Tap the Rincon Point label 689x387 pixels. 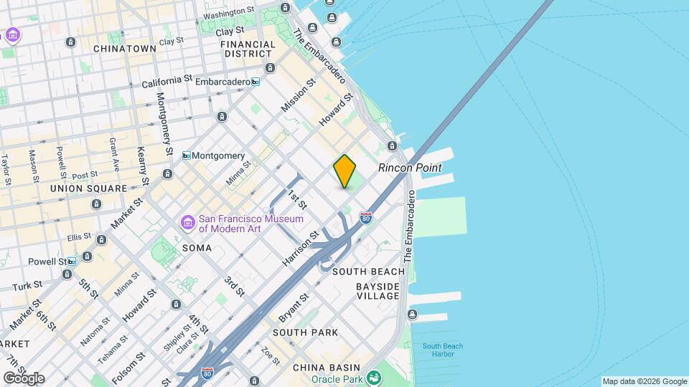point(410,168)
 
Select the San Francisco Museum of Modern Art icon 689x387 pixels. point(187,224)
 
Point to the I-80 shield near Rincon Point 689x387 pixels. point(366,216)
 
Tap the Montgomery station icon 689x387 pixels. point(187,156)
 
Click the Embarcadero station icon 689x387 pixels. point(255,82)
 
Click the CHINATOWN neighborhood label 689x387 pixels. point(125,49)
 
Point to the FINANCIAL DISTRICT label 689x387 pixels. point(249,49)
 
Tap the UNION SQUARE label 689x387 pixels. point(88,188)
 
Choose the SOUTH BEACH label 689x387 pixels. point(370,272)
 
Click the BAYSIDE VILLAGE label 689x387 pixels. point(378,291)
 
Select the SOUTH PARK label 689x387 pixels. point(305,333)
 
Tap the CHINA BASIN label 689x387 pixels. point(321,368)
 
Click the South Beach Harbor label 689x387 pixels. point(443,350)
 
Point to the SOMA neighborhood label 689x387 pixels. point(197,248)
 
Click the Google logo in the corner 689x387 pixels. point(23,378)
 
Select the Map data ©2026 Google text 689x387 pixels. point(645,381)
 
